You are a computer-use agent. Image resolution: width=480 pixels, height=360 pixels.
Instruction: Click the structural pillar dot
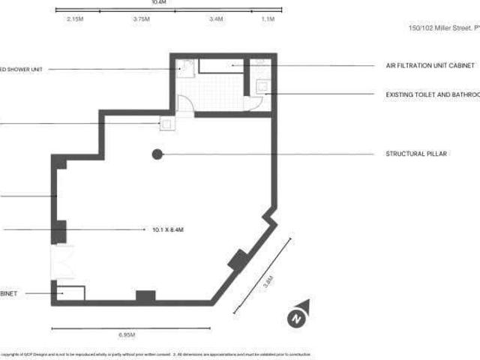pos(157,154)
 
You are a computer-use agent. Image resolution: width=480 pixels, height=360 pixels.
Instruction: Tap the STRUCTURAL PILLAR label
pos(416,154)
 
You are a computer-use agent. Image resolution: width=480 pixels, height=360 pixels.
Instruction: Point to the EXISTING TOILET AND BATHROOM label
pos(432,94)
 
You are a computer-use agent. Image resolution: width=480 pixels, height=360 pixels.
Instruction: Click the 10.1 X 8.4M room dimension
pos(168,229)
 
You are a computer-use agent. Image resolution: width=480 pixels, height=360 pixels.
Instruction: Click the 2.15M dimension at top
pos(75,19)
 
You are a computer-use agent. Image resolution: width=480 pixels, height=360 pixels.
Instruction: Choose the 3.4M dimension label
pos(216,19)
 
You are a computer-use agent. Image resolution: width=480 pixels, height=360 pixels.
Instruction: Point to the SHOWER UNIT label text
pos(22,69)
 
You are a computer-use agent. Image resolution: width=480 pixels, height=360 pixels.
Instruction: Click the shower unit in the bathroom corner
pos(187,68)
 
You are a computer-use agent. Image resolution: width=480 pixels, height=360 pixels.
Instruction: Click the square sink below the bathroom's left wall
pos(167,125)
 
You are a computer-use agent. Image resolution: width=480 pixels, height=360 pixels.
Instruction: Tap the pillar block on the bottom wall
pos(145,296)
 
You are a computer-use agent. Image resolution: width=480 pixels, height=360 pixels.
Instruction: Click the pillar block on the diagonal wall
pos(238,259)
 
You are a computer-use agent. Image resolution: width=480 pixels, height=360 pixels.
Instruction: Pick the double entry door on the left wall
pos(59,262)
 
